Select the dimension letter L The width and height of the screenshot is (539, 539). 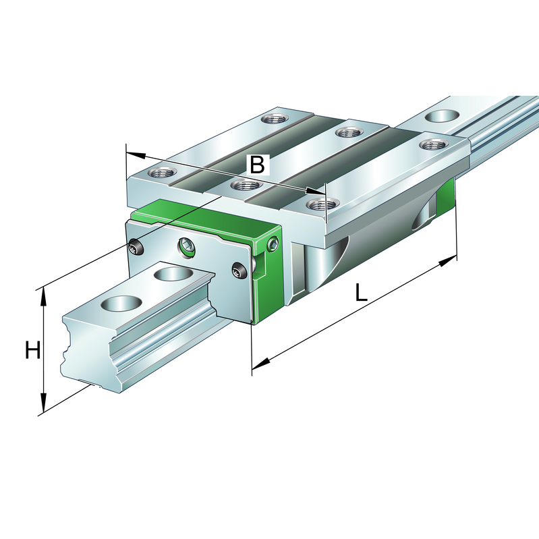pos(362,292)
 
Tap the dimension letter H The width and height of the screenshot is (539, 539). pos(32,351)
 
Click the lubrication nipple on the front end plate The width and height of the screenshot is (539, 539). pos(187,248)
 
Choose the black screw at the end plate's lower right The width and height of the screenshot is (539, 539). pos(239,271)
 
